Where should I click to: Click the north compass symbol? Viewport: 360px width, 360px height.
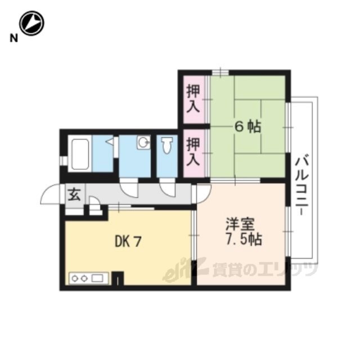[x=31, y=23]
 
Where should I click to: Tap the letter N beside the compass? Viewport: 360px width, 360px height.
[x=13, y=38]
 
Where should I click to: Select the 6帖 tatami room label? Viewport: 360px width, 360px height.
[x=247, y=127]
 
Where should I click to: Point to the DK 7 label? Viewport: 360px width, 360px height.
[x=128, y=242]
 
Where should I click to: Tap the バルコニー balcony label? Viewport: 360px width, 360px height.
[x=303, y=185]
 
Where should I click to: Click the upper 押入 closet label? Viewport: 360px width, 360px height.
[x=193, y=98]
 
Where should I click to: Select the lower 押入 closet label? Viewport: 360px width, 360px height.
[x=193, y=151]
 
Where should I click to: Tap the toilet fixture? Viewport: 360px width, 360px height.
[x=167, y=145]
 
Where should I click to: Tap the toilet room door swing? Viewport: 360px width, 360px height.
[x=168, y=189]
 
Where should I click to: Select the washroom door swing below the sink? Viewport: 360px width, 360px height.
[x=129, y=189]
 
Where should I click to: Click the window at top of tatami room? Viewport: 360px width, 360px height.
[x=220, y=73]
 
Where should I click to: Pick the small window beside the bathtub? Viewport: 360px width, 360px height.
[x=62, y=160]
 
